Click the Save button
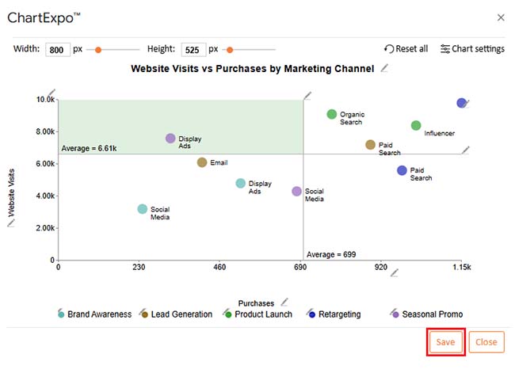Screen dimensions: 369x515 (x=445, y=342)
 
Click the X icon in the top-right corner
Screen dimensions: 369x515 (x=500, y=17)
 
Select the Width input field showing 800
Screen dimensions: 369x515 (x=58, y=49)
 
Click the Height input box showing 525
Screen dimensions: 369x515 (x=193, y=49)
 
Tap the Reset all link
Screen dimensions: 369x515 (x=406, y=49)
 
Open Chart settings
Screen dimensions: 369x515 (x=472, y=49)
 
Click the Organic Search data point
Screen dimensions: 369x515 (x=332, y=115)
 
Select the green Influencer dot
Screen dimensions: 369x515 (x=416, y=126)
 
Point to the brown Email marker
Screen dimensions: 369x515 (x=202, y=162)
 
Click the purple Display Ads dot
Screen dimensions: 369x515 (x=170, y=139)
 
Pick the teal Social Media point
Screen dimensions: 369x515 (x=143, y=209)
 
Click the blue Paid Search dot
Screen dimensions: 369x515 (x=402, y=170)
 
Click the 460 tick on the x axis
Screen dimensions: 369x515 (x=219, y=268)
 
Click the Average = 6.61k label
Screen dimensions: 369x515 (x=89, y=148)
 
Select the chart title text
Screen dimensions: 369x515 (x=252, y=69)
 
